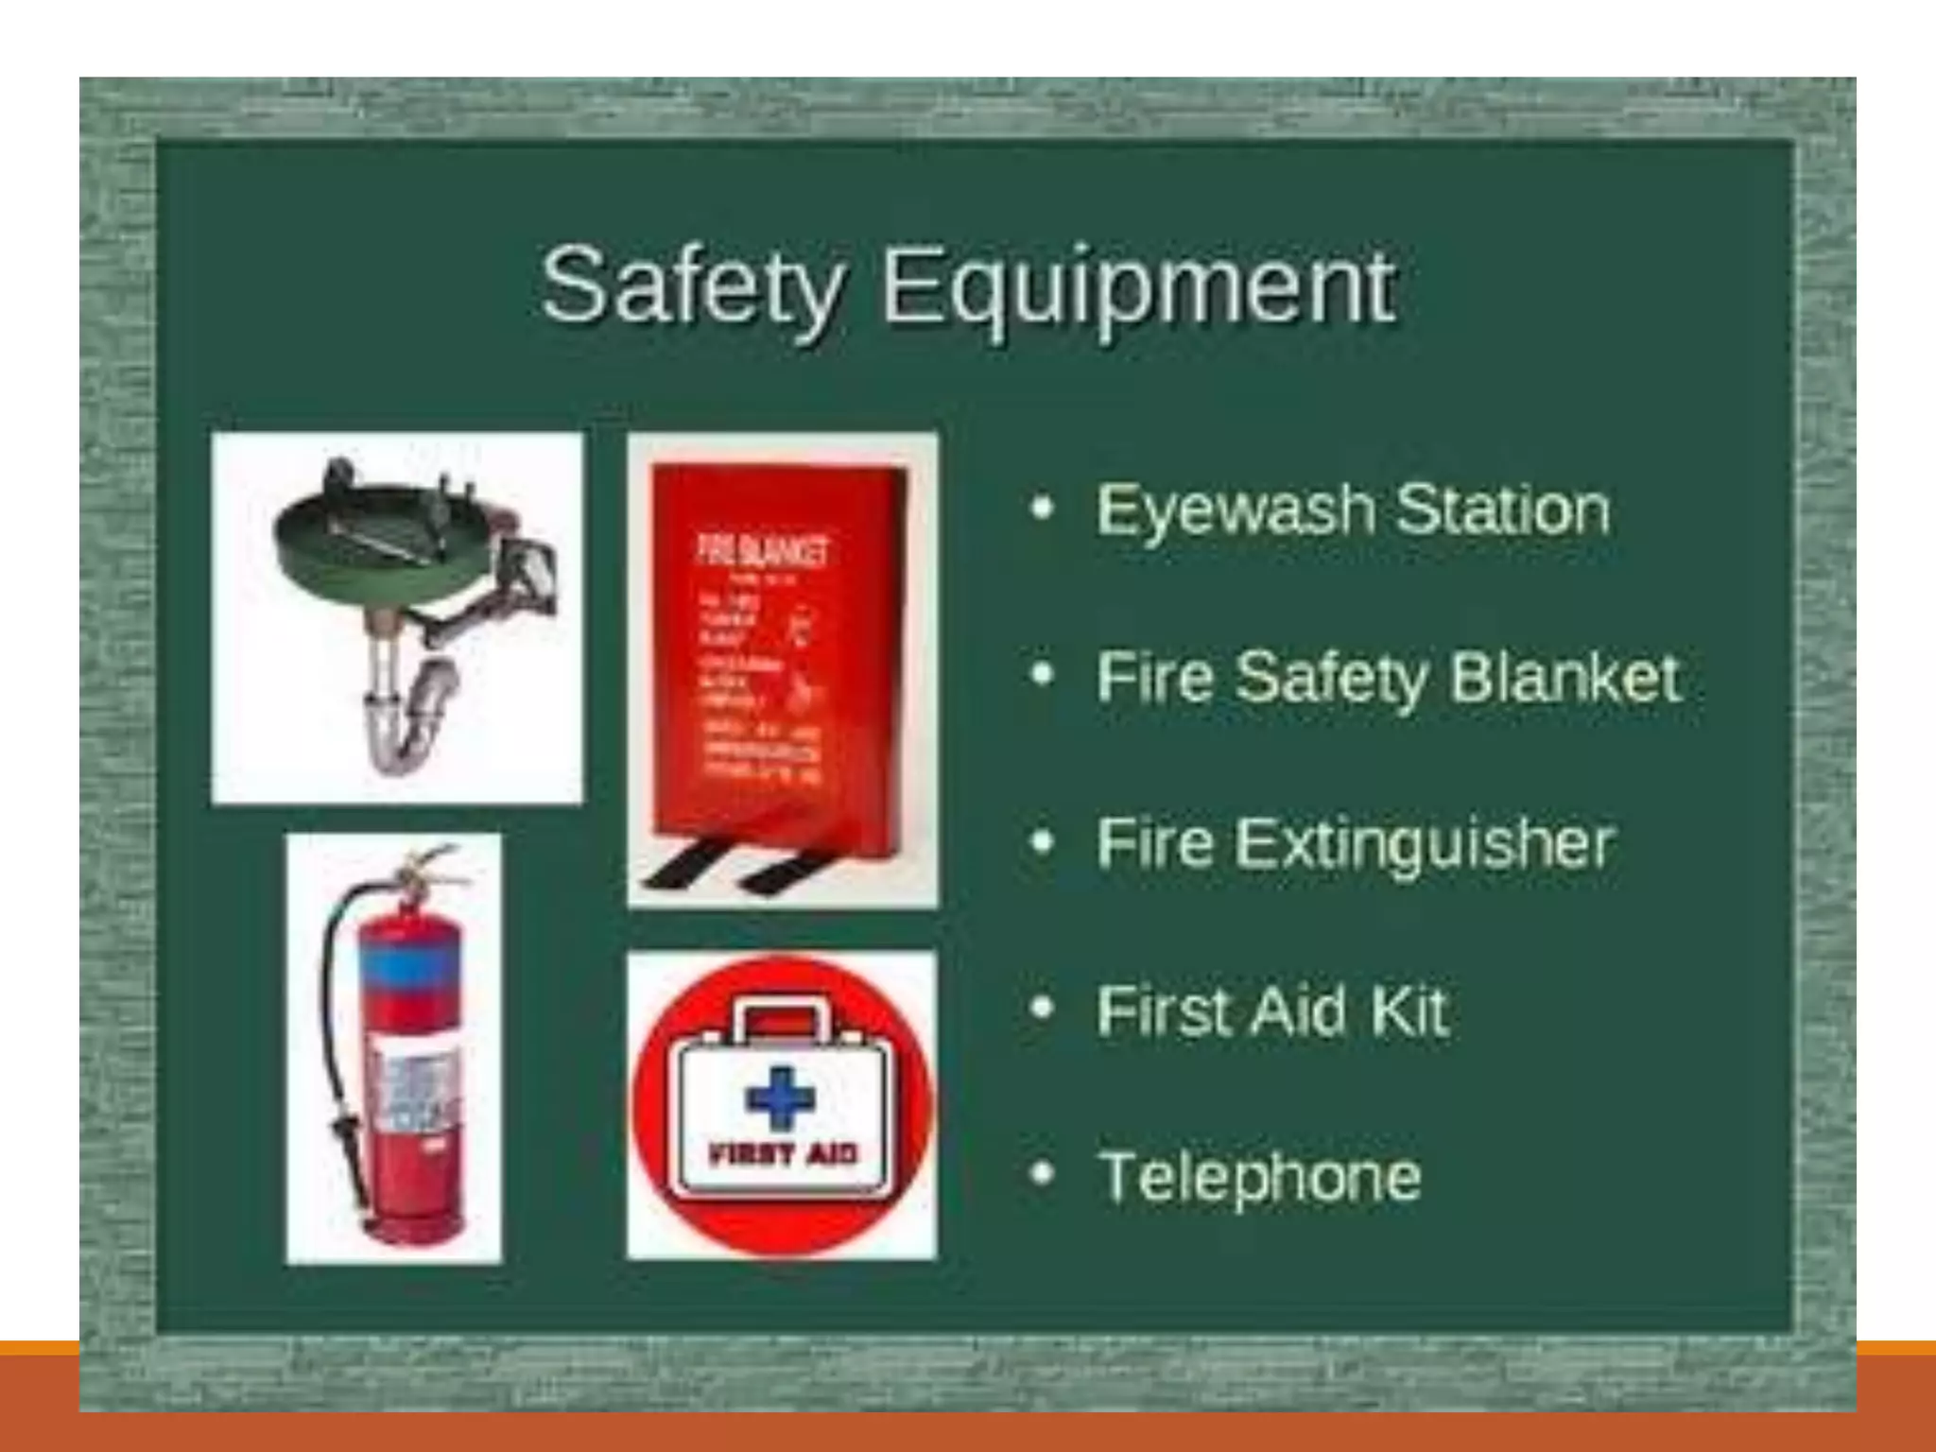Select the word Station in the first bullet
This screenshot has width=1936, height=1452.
pos(1502,510)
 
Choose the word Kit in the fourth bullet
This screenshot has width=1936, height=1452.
pos(1409,1011)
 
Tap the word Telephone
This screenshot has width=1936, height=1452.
pos(1259,1177)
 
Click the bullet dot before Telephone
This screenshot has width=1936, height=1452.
pos(1042,1173)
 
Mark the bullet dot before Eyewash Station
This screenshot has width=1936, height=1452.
pos(1042,509)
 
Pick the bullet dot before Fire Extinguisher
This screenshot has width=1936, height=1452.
pos(1042,841)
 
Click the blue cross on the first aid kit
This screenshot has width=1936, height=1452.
pos(780,1098)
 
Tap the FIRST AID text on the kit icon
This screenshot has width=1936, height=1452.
pos(783,1153)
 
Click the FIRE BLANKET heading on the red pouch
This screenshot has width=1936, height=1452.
pos(762,550)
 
